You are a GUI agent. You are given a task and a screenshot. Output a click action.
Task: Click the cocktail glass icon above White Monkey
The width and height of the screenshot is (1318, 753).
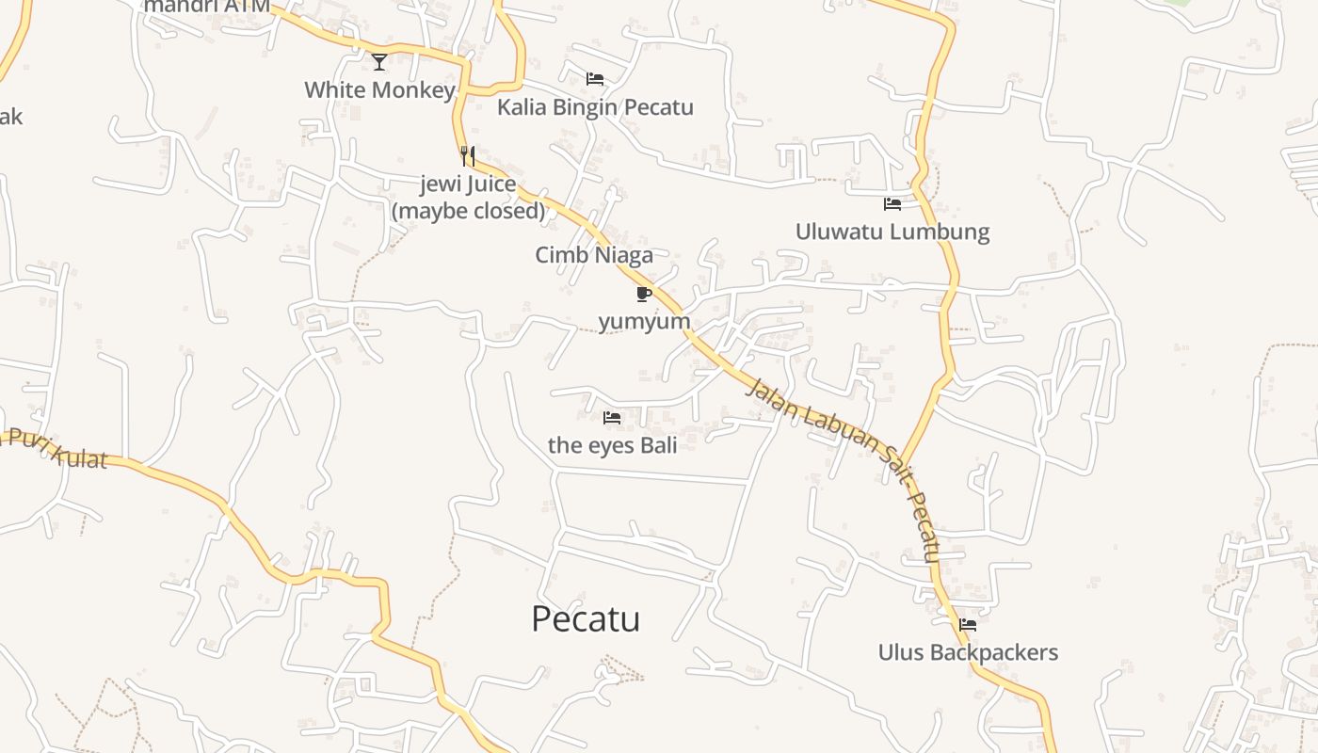(379, 62)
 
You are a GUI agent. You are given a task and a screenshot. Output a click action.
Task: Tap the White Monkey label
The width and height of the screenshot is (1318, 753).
(379, 90)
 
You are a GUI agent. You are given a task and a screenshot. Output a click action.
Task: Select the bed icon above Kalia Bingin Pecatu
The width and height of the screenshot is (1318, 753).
(595, 79)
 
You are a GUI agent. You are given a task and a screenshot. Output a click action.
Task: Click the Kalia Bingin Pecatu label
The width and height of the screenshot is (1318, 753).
(595, 107)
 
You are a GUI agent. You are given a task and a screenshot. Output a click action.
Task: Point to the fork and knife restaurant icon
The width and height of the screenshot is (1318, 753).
(468, 155)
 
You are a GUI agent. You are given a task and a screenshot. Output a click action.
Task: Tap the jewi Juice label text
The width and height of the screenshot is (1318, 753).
(468, 184)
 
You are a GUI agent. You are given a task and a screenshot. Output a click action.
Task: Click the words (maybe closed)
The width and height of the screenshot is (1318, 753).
(468, 211)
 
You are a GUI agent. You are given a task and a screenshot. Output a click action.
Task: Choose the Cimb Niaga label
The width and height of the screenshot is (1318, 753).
(594, 255)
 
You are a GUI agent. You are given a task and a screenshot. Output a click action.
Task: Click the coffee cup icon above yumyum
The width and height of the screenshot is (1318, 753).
(644, 295)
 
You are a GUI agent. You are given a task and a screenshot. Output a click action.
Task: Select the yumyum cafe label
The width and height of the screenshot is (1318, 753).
(644, 322)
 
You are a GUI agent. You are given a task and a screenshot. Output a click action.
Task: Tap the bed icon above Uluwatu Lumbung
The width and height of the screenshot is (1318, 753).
(892, 203)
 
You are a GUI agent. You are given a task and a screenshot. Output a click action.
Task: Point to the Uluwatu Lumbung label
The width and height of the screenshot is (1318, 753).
(892, 232)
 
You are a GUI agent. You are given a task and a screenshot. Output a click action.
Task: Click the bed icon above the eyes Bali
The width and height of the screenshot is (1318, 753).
(612, 417)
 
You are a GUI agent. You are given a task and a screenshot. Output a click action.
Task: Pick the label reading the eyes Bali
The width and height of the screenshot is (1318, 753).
(612, 445)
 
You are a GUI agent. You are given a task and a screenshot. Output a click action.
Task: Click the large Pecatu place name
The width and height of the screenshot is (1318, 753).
(586, 619)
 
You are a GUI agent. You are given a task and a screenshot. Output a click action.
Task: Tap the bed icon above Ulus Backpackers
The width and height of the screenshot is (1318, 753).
(968, 624)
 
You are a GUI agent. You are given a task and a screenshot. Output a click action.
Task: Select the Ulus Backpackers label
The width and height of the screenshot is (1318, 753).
(968, 652)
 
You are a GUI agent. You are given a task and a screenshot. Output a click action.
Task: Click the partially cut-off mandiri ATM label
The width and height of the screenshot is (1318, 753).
(206, 7)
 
